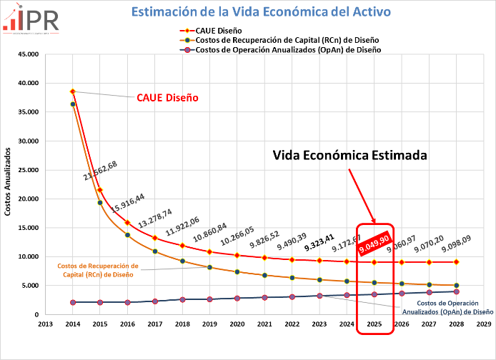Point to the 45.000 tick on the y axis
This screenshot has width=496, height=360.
click(29, 54)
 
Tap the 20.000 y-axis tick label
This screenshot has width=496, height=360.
click(29, 199)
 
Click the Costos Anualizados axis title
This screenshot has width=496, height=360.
click(8, 183)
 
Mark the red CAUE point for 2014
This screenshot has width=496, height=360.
click(72, 91)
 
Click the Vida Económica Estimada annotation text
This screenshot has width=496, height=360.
click(350, 155)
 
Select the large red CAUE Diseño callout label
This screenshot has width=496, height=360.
click(167, 98)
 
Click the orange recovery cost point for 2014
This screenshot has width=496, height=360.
click(72, 104)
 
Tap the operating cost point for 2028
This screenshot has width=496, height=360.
click(456, 291)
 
